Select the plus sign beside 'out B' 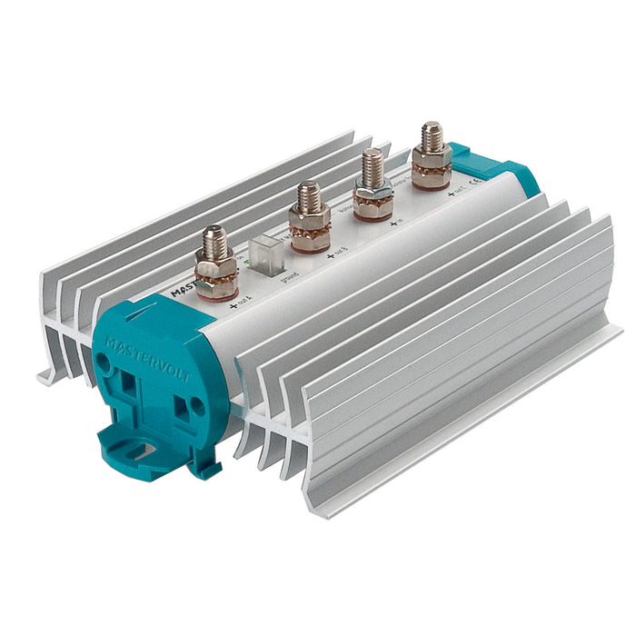click(330, 257)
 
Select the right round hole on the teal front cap click(194, 406)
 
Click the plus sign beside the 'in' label click(392, 223)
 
